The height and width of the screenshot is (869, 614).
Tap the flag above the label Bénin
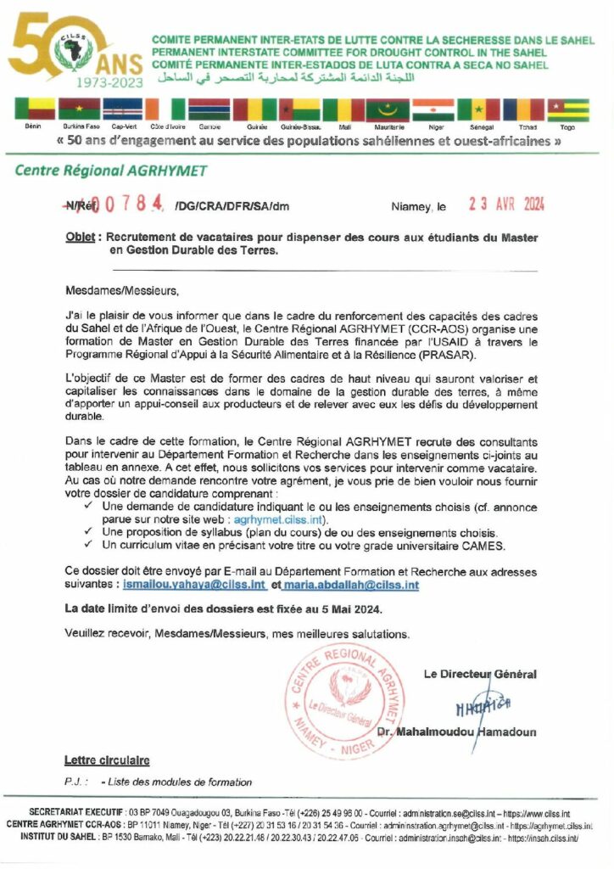[x=34, y=109]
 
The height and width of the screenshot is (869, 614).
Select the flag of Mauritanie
[x=387, y=109]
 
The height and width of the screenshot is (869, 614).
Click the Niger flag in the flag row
[x=433, y=109]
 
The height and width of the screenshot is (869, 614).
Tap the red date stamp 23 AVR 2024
[x=506, y=205]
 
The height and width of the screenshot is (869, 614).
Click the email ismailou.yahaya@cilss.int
[x=203, y=586]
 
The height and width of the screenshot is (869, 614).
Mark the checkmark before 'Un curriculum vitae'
[x=88, y=545]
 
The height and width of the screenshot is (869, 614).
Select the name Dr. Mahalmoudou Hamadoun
[x=467, y=732]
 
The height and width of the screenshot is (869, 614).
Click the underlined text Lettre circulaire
[x=107, y=760]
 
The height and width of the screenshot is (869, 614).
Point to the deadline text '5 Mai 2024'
[x=353, y=609]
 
